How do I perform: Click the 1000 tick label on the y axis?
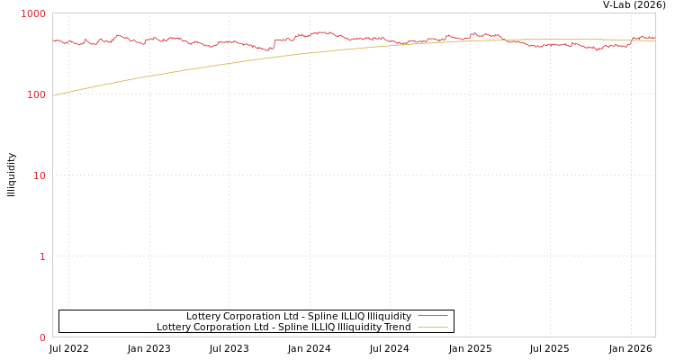tap(33, 13)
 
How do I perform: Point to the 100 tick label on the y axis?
tap(35, 94)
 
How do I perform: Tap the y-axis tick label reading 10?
tap(39, 175)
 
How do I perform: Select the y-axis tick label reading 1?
tap(41, 256)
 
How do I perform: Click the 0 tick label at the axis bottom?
tap(41, 337)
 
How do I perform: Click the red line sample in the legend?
tap(432, 316)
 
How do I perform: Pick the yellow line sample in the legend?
tap(432, 327)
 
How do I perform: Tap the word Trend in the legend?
tap(397, 327)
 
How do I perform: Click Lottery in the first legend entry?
tap(202, 316)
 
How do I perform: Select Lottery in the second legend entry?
tap(173, 327)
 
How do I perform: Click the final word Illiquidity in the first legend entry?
tap(387, 316)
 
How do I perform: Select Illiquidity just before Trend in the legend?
tap(357, 327)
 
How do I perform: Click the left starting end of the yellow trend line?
tap(53, 95)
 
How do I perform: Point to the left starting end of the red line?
tap(53, 40)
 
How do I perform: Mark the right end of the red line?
tap(654, 38)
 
